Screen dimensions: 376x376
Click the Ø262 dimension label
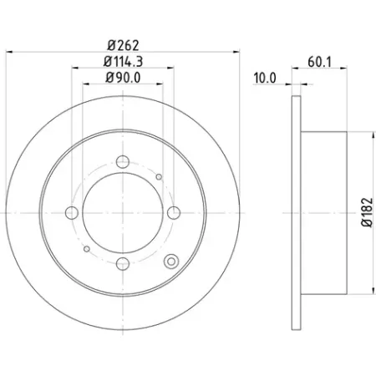click(123, 45)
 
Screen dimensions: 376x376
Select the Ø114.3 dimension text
click(123, 62)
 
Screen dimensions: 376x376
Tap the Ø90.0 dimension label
click(123, 78)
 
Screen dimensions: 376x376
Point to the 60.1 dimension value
click(320, 62)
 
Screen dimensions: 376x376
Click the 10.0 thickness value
click(265, 78)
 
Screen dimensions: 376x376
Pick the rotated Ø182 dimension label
click(367, 212)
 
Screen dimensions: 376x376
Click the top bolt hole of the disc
click(123, 162)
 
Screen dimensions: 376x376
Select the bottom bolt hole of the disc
click(123, 263)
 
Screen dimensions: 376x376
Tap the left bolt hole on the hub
click(72, 213)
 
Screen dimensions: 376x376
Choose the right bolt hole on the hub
click(174, 213)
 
